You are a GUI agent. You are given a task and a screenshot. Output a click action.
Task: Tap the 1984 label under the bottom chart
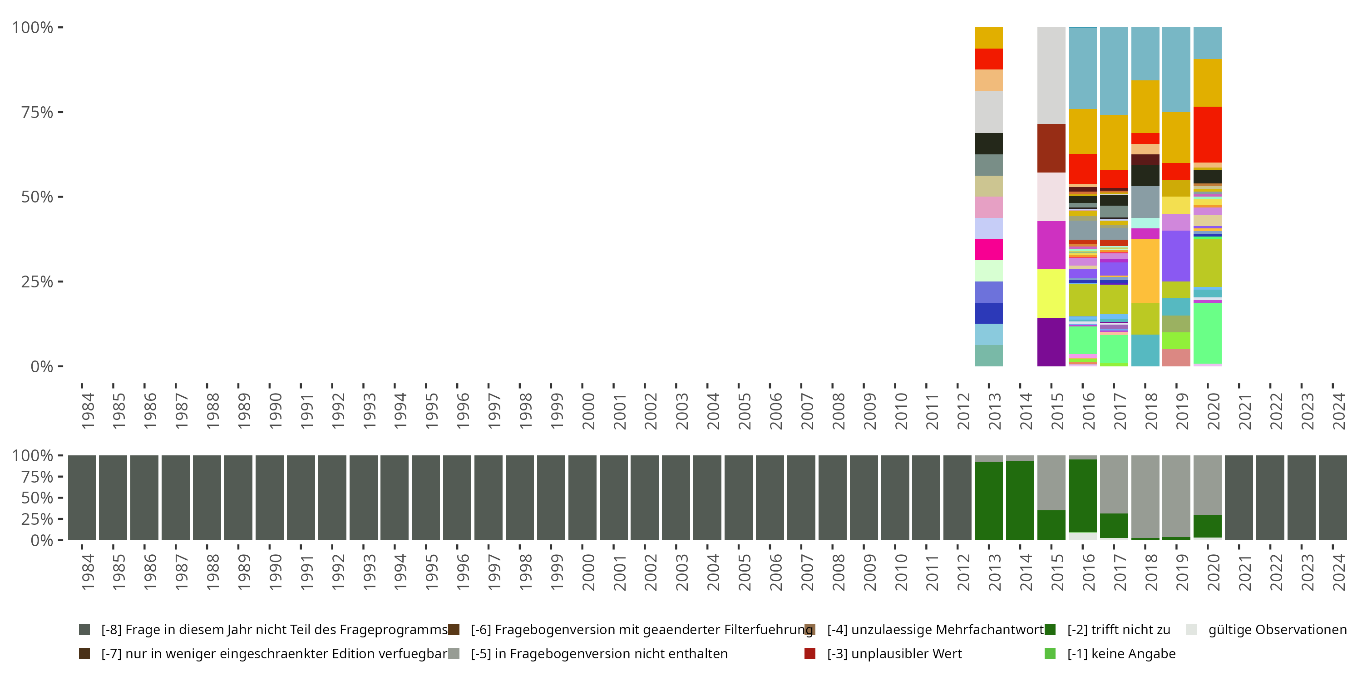[x=88, y=572]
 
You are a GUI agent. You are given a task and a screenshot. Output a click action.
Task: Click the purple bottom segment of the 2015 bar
[x=1051, y=341]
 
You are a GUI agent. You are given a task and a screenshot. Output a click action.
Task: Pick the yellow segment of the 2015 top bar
[x=1051, y=293]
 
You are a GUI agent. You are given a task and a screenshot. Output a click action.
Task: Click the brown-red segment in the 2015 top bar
[x=1051, y=148]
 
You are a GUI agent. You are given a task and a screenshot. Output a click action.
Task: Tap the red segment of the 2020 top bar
[x=1207, y=134]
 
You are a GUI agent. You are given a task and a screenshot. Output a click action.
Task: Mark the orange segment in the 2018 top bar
[x=1145, y=271]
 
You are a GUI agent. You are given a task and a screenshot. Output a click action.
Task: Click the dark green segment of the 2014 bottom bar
[x=1020, y=500]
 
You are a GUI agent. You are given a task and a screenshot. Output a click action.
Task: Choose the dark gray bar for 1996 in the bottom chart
[x=457, y=498]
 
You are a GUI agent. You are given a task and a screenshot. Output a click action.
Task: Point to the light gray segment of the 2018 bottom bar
[x=1145, y=497]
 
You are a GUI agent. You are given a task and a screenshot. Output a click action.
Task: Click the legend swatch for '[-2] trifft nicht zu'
[x=1050, y=630]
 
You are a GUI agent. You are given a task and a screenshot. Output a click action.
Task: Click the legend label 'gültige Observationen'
[x=1277, y=630]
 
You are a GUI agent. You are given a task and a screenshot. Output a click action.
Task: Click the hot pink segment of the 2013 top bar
[x=988, y=250]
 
